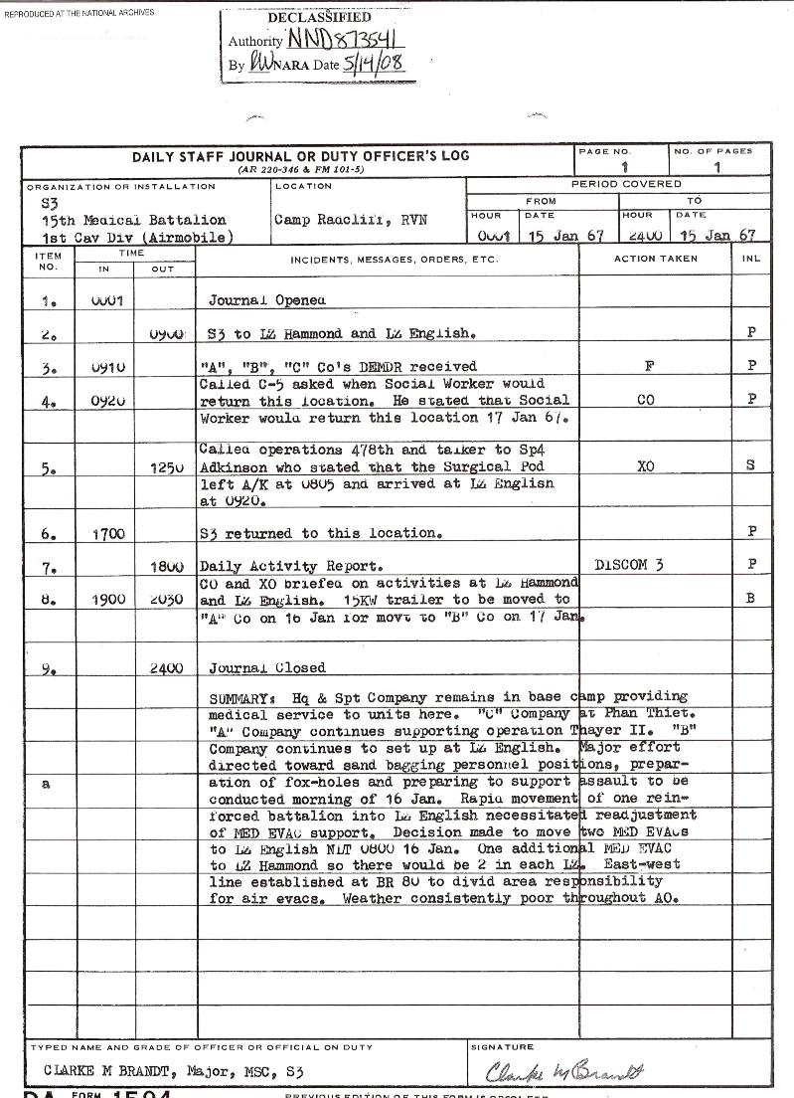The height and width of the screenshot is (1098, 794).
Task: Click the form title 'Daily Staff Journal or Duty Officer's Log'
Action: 300,156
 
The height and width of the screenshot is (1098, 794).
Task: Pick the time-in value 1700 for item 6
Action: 108,534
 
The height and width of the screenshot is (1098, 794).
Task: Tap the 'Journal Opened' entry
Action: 266,299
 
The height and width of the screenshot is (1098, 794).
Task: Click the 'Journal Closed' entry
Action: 266,668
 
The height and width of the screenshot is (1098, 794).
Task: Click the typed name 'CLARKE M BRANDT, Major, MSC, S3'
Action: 173,1071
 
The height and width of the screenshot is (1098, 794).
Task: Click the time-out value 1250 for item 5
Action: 166,465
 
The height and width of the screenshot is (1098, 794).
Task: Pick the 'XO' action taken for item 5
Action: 646,465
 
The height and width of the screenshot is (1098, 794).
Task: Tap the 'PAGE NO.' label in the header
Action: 604,151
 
